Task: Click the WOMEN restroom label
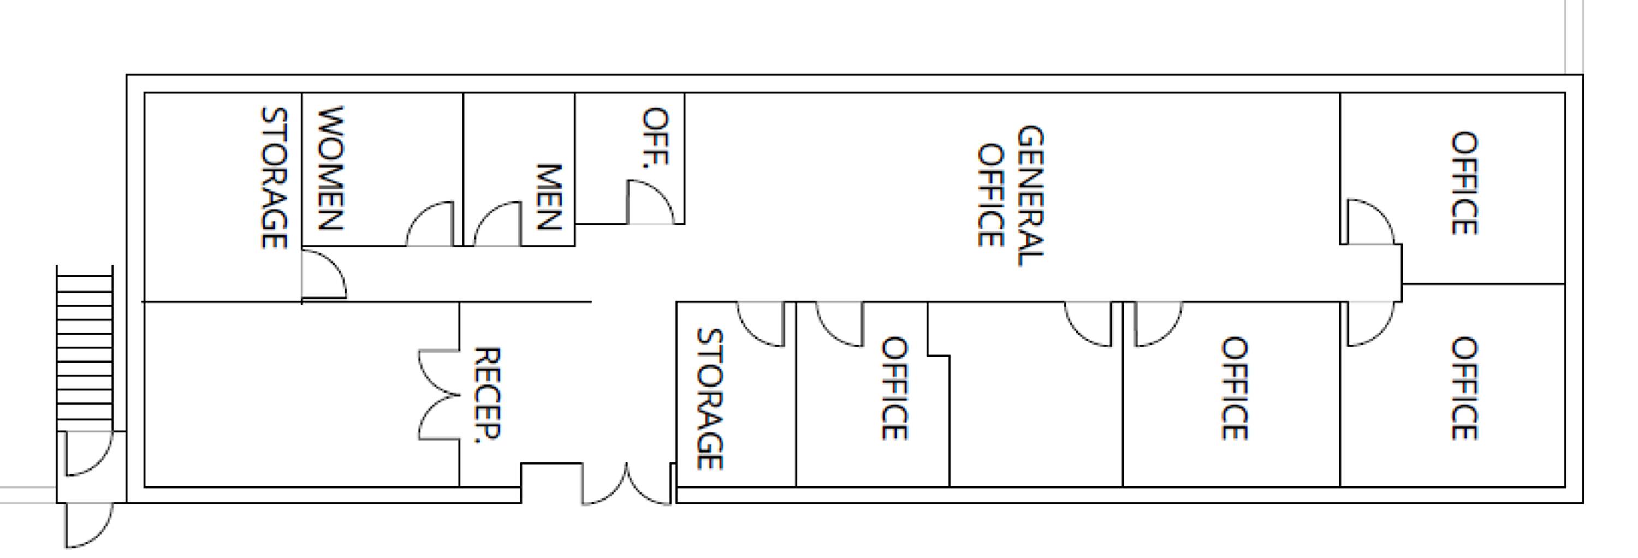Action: coord(331,168)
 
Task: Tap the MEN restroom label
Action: coord(549,197)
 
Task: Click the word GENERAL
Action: coord(1030,196)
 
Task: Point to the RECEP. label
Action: coord(488,395)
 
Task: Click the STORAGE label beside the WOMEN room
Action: coord(274,177)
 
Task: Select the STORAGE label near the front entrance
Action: coord(710,399)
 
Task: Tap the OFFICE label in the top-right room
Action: coord(1464,183)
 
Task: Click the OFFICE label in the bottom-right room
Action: coord(1464,388)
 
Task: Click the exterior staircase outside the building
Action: coord(85,348)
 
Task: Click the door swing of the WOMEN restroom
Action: coord(430,224)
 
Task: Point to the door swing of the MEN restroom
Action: coord(498,224)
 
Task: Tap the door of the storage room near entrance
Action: coord(761,324)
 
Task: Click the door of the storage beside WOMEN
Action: coord(324,274)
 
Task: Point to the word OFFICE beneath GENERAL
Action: coord(990,196)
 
